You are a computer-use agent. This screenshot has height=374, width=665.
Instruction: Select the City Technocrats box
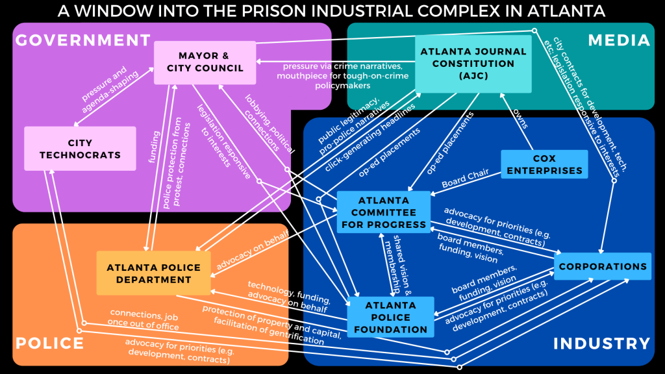pyautogui.click(x=80, y=149)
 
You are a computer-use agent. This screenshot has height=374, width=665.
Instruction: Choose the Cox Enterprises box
pyautogui.click(x=544, y=164)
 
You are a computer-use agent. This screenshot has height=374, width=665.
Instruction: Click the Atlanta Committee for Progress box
pyautogui.click(x=383, y=212)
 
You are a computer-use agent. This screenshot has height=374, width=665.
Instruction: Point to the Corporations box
pyautogui.click(x=603, y=266)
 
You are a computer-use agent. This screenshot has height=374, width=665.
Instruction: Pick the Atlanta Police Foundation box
pyautogui.click(x=390, y=317)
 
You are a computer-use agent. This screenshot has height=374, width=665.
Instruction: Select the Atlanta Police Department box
pyautogui.click(x=153, y=273)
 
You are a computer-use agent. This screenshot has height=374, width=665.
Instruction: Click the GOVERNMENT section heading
pyautogui.click(x=82, y=40)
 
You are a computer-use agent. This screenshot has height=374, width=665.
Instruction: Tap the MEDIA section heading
pyautogui.click(x=618, y=40)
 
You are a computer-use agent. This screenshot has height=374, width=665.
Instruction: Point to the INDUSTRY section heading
pyautogui.click(x=601, y=343)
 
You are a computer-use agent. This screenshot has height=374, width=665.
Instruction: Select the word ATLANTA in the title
pyautogui.click(x=559, y=10)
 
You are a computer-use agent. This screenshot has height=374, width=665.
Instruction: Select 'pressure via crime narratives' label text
pyautogui.click(x=332, y=67)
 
